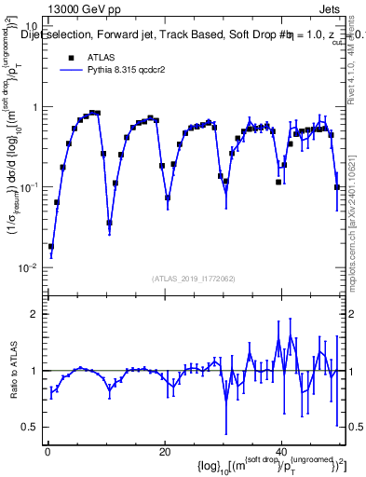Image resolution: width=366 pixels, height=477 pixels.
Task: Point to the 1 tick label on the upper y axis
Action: point(35,107)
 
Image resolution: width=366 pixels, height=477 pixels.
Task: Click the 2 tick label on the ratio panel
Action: point(35,314)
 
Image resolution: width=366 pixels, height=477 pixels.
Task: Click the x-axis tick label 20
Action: point(164,452)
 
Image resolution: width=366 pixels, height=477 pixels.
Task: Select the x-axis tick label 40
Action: point(281,452)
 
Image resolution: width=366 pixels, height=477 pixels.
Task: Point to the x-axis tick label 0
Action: point(47,452)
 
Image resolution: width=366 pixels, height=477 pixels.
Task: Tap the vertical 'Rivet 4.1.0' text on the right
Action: point(358,61)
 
